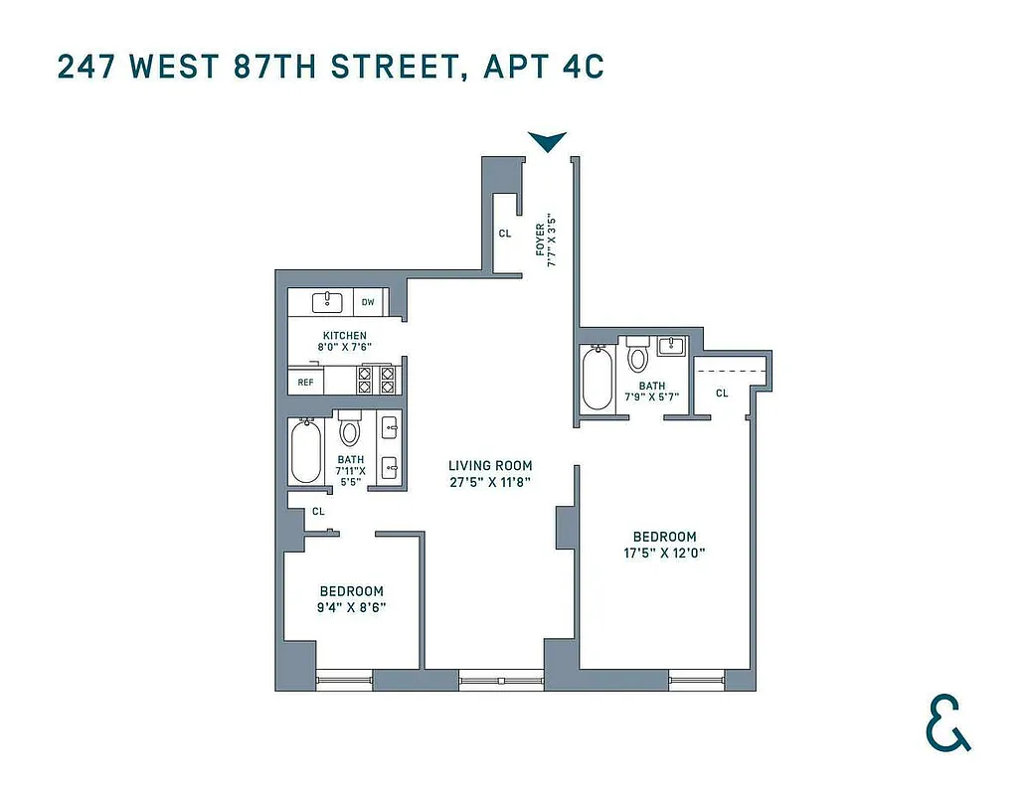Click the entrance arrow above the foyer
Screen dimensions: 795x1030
(547, 142)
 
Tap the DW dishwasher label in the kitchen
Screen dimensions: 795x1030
(368, 302)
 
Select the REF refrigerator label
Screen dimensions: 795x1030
(305, 382)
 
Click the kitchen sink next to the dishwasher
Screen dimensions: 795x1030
(326, 301)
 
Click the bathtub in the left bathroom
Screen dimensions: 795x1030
(306, 452)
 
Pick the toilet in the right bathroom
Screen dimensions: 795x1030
(636, 355)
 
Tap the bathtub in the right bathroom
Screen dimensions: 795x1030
(597, 379)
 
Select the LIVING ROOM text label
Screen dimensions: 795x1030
(490, 465)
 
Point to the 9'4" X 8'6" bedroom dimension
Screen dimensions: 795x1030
(352, 606)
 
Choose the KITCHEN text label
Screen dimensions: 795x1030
(345, 336)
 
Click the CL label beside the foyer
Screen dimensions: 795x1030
(505, 235)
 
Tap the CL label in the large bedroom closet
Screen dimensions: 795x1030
(722, 394)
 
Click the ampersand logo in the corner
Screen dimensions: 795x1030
(947, 723)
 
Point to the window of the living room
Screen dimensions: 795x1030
(501, 681)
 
